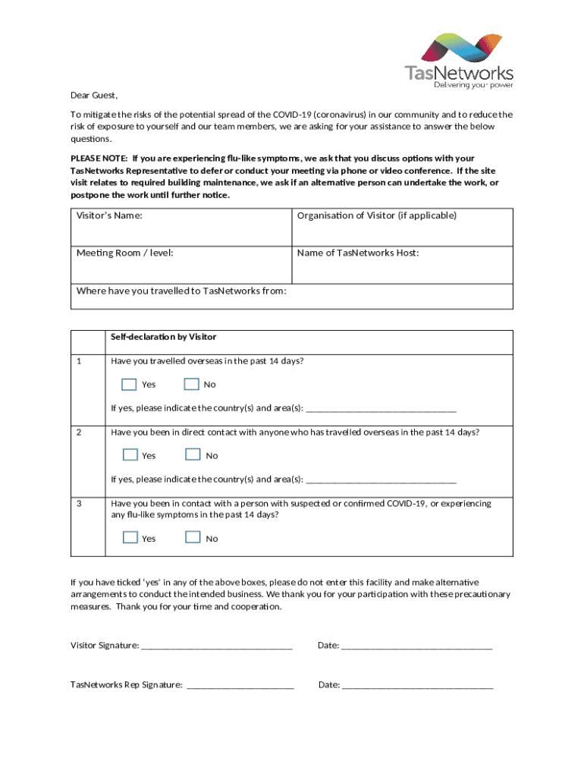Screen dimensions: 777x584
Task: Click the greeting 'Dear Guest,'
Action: tap(94, 96)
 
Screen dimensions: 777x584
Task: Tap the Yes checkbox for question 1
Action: tap(130, 384)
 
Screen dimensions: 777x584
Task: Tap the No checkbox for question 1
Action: tap(192, 384)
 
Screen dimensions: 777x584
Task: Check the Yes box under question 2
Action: tap(130, 455)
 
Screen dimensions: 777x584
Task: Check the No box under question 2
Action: tap(193, 455)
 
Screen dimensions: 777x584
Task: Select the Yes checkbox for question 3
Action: tap(130, 538)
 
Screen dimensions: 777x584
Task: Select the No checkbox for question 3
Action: tap(193, 538)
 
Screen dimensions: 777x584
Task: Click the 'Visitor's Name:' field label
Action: tap(109, 216)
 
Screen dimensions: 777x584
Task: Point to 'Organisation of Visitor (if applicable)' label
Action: tap(377, 215)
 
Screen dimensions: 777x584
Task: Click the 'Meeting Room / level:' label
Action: tap(124, 253)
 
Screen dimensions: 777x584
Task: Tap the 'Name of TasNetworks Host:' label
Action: tap(358, 253)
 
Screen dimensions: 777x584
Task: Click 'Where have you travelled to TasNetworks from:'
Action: tap(181, 291)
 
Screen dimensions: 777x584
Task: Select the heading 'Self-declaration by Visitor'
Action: tap(163, 337)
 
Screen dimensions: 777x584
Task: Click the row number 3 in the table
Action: tap(80, 503)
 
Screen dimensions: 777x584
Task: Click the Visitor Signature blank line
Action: tap(217, 647)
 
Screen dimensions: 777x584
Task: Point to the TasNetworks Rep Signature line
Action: tap(240, 686)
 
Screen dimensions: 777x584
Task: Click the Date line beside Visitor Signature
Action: tap(417, 647)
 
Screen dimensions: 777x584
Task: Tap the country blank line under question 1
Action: tap(381, 409)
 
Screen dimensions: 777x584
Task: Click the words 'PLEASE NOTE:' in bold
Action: tap(99, 159)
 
